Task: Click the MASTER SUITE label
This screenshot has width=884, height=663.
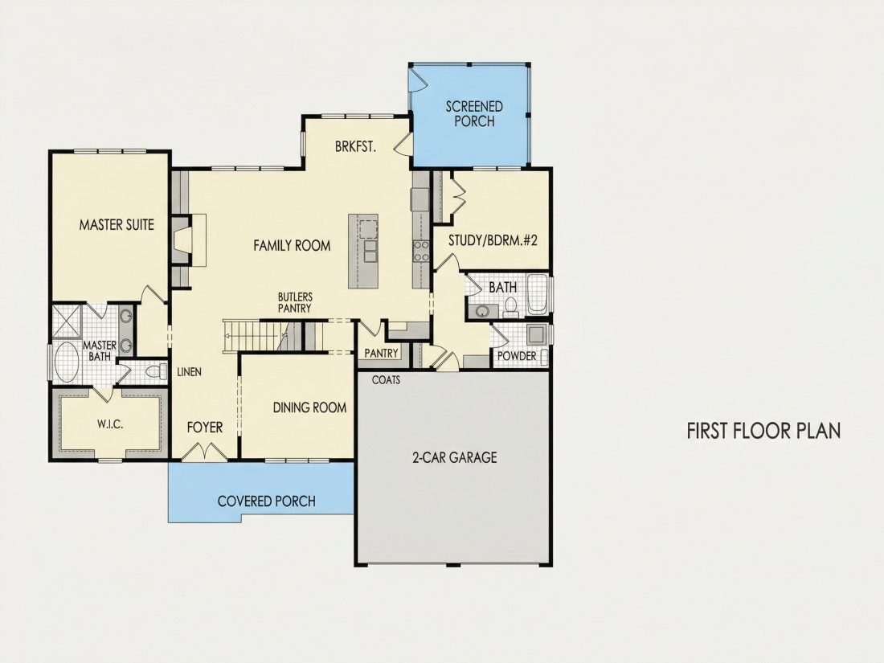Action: point(117,224)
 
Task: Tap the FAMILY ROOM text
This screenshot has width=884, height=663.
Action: point(292,245)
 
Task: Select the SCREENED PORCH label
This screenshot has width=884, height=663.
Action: point(474,114)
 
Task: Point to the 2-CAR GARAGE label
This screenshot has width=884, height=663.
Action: point(455,456)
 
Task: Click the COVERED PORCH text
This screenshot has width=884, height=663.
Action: point(267,501)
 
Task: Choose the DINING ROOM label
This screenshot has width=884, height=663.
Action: point(309,407)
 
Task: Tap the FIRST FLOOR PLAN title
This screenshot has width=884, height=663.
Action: point(764,431)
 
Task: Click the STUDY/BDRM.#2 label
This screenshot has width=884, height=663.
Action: point(493,240)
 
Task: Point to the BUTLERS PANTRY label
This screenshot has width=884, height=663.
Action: point(295,303)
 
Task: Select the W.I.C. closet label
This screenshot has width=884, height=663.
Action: point(110,424)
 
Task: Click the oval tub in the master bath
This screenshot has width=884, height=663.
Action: point(67,362)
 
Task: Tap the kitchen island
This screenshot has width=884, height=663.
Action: point(363,251)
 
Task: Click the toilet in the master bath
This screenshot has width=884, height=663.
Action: point(156,371)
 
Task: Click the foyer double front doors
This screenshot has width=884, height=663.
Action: point(205,452)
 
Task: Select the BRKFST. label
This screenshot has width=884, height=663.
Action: point(355,146)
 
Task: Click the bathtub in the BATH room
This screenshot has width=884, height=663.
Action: point(538,294)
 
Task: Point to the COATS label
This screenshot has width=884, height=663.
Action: point(387,380)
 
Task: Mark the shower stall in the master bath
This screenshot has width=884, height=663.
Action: point(67,321)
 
